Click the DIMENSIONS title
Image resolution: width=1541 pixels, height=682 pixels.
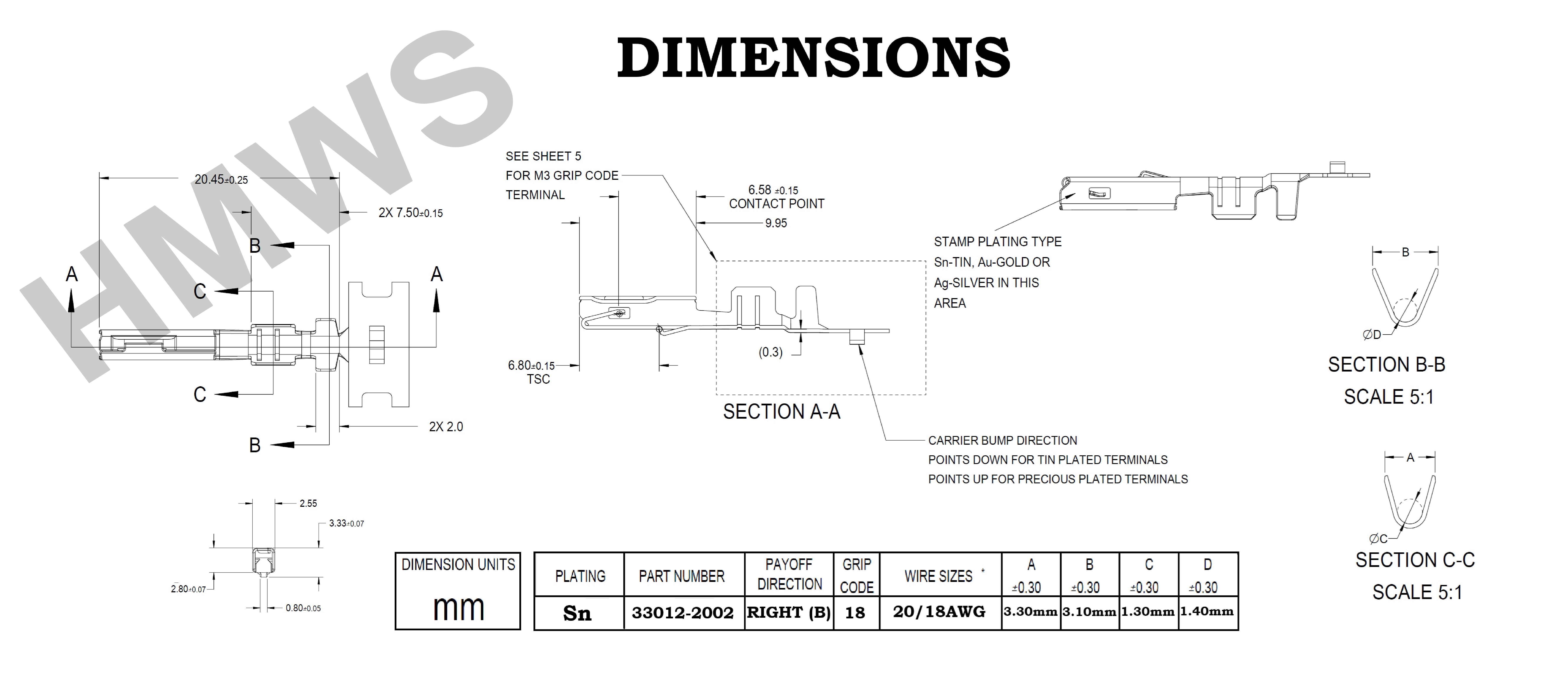[814, 58]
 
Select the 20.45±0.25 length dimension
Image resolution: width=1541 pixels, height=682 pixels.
[221, 179]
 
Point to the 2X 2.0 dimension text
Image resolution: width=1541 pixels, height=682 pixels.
[446, 427]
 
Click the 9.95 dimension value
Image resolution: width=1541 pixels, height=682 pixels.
[776, 223]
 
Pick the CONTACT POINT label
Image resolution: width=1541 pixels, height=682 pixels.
[777, 204]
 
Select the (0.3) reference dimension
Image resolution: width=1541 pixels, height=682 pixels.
[770, 352]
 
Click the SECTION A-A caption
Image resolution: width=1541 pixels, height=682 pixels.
[781, 412]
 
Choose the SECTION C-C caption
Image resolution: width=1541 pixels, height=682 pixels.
[1415, 560]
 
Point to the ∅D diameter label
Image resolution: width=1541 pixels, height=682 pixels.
[1372, 335]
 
